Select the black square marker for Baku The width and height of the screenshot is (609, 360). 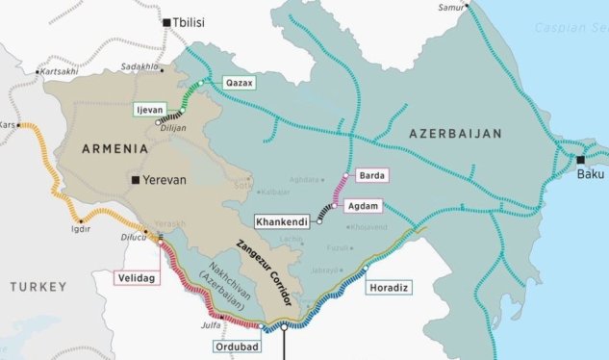point(580,160)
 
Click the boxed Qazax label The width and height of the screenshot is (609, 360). point(239,84)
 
